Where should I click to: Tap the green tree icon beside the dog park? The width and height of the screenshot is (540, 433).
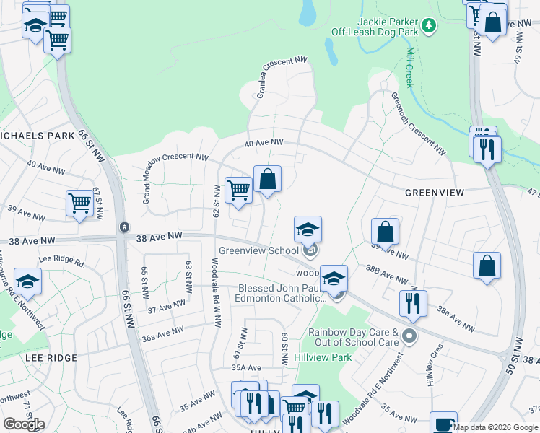pos(430,26)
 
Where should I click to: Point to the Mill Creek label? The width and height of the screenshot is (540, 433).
pos(409,67)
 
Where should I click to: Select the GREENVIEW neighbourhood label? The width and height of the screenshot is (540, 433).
pos(433,193)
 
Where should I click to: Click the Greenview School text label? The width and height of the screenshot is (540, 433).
pos(258,250)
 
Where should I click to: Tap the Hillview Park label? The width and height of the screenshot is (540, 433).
pos(323,357)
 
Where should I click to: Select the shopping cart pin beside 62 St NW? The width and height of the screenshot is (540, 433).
pos(238,191)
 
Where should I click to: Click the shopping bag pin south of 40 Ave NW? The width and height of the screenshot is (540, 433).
pos(267,180)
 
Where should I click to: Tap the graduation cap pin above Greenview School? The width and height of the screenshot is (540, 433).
pos(308,229)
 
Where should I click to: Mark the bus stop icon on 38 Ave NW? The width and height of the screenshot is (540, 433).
pos(125,227)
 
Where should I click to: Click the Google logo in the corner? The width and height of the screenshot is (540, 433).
pos(24,424)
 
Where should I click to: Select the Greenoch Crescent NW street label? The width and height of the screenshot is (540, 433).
pos(417,123)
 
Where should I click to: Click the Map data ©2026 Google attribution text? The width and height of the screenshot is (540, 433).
pos(496,427)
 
